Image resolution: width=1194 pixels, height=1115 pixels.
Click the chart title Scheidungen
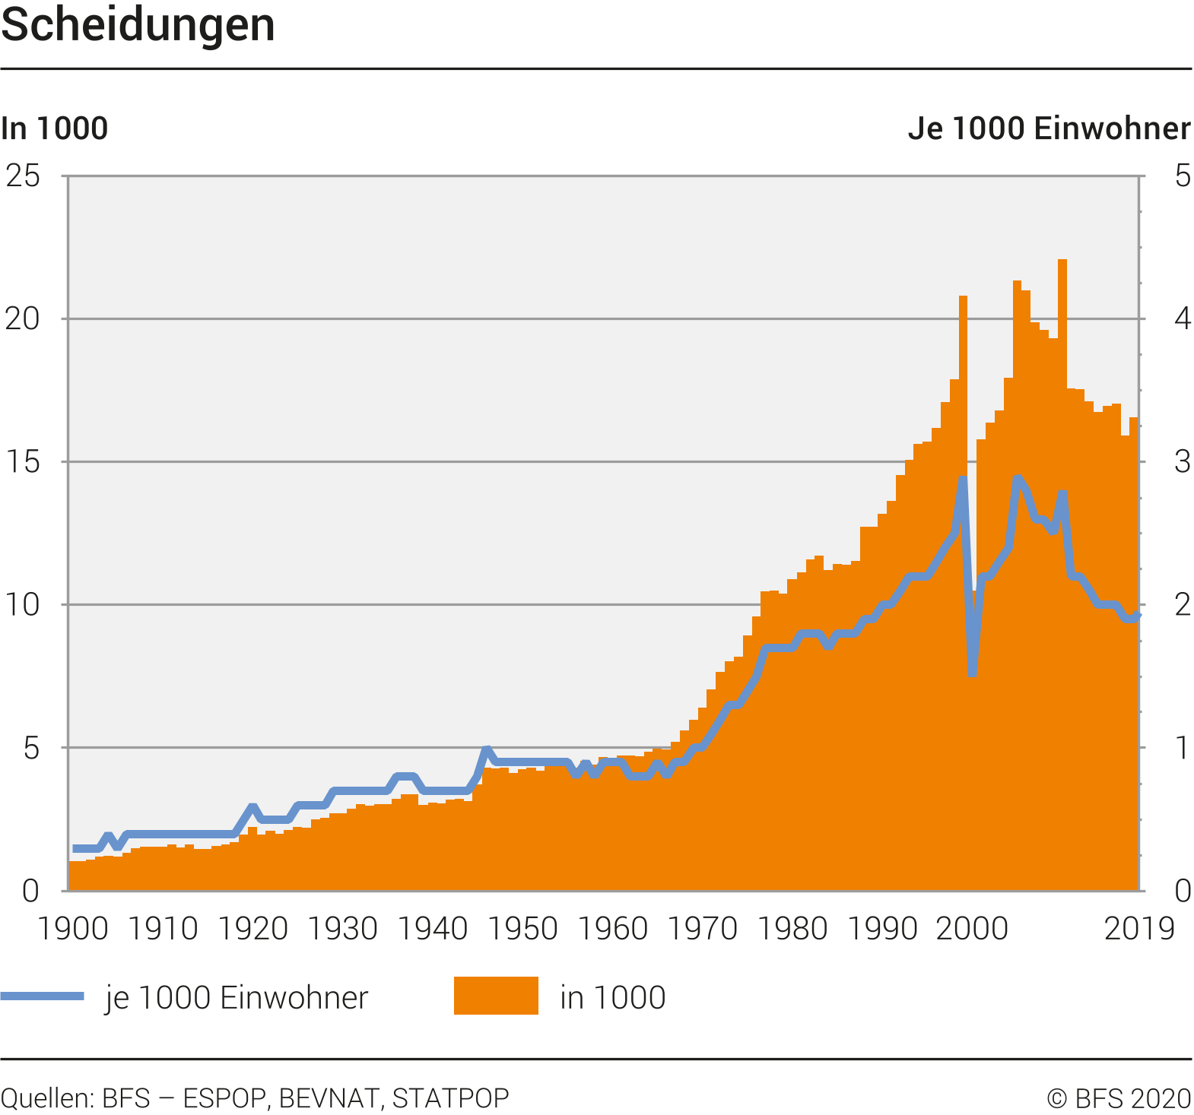pos(138,25)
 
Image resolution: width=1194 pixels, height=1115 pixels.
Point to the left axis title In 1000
pos(55,128)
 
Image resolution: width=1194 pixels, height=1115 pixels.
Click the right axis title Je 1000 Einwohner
pos(1049,128)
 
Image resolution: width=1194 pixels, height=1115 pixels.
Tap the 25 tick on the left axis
pos(23,176)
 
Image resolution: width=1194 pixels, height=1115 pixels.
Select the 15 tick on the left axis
pos(23,462)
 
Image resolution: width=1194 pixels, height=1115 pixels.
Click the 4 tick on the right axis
pos(1182,319)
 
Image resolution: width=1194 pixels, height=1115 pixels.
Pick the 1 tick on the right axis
pos(1182,748)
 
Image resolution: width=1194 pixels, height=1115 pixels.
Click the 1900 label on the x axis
pos(73,929)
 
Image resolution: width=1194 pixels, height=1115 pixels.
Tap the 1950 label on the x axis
pos(522,929)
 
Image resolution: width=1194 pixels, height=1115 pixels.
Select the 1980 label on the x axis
pos(792,929)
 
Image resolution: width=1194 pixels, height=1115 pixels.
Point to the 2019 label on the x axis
pos(1139,929)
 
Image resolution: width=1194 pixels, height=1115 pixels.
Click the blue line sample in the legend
pos(43,996)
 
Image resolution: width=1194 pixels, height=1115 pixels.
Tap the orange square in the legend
pos(496,996)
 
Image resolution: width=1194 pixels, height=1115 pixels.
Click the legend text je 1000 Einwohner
pos(237,997)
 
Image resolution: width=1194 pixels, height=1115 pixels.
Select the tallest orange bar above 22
pos(1062,263)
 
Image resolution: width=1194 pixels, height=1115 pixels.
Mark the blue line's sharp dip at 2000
pos(973,673)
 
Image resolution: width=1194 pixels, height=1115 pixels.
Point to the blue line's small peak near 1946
pos(487,750)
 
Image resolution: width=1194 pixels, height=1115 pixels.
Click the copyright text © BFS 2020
pos(1119,1098)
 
